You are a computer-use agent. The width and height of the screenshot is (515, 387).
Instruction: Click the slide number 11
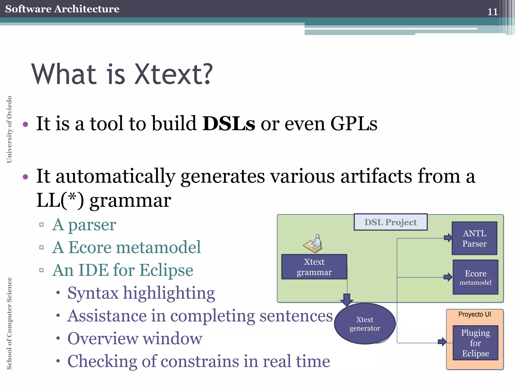click(492, 12)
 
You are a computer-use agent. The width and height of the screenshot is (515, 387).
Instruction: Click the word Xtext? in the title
click(174, 75)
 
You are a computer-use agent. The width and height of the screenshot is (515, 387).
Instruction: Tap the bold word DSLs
click(229, 123)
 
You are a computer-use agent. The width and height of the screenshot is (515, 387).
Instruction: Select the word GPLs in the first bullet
click(354, 123)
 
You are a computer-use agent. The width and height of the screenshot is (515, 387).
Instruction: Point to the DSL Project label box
click(391, 222)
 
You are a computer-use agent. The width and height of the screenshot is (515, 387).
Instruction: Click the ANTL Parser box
click(474, 238)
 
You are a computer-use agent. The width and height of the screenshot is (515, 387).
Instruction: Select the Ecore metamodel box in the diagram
click(475, 277)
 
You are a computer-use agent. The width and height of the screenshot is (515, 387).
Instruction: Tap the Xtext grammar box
click(314, 267)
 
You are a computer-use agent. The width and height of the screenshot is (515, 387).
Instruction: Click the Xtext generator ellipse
click(365, 324)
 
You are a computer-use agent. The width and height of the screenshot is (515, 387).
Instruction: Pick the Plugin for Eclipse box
click(475, 343)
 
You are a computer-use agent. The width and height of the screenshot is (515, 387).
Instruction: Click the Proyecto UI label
click(475, 314)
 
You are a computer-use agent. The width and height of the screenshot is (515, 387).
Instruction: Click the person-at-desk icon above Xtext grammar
click(313, 244)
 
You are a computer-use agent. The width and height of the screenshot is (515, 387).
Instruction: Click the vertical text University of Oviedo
click(9, 129)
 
